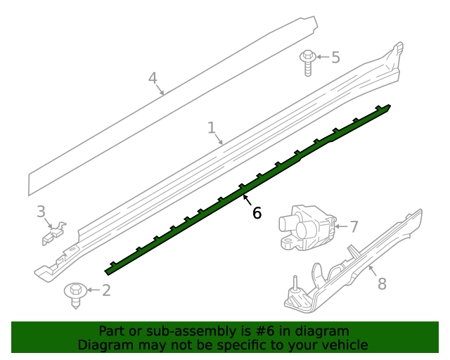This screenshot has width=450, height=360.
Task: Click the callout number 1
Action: tap(211, 128)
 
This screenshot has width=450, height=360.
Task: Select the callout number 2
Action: tap(106, 290)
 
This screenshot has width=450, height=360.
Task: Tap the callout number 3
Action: tap(41, 211)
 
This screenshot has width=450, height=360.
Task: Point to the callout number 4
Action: tap(153, 78)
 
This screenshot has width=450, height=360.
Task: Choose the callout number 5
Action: tap(335, 57)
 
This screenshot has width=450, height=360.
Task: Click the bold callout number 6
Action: tap(257, 212)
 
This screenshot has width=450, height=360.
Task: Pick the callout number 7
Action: tap(354, 226)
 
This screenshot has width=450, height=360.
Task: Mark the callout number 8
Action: tap(382, 284)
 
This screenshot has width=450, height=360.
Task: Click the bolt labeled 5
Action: tap(307, 62)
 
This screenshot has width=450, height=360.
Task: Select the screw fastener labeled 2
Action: tap(75, 292)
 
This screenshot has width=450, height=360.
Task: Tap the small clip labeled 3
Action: tap(54, 233)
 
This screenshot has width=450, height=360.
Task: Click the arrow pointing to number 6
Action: tap(249, 200)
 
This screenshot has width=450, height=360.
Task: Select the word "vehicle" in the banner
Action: tap(343, 345)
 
